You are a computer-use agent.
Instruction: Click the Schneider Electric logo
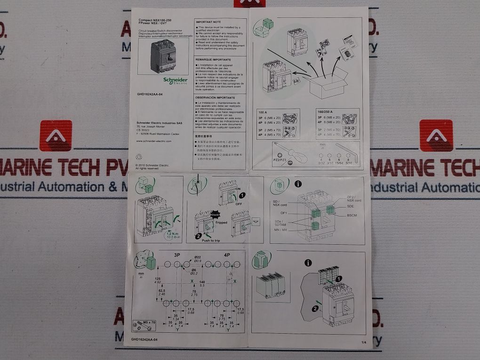(176, 80)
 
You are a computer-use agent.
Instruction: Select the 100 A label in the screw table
(263, 112)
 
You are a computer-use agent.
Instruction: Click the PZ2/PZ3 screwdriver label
(280, 160)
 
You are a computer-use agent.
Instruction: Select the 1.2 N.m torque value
(173, 233)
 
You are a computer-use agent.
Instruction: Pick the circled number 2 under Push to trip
(199, 235)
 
